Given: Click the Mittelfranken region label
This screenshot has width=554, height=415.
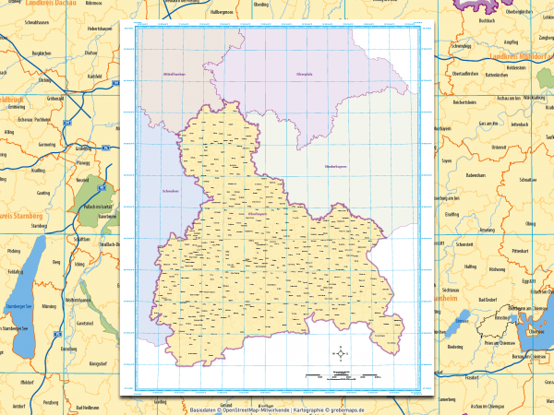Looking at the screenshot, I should point(175,72).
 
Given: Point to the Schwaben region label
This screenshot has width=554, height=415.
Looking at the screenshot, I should point(154,193).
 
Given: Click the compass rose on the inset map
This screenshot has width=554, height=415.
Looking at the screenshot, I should point(342,352).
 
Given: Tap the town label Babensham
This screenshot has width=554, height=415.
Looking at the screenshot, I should point(476,173).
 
